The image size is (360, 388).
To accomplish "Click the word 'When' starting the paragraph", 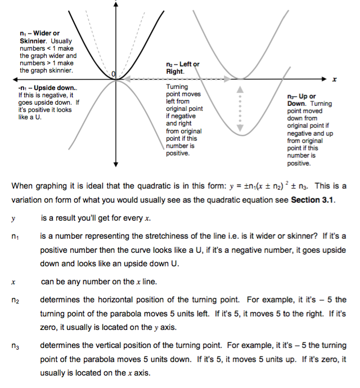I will [x=22, y=186].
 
